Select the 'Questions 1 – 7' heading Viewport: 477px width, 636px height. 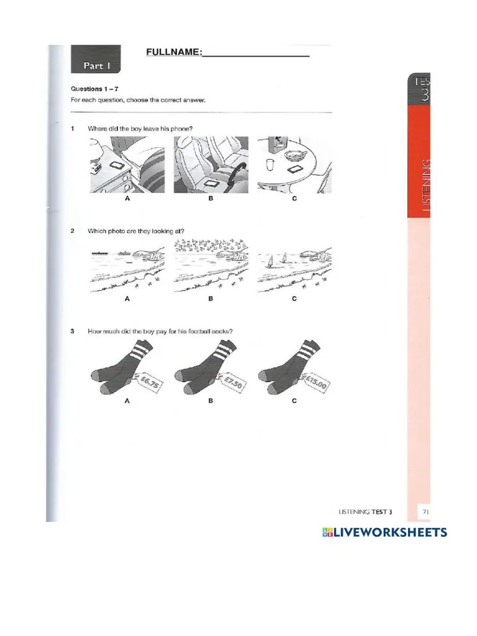95,89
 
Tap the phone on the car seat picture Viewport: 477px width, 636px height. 211,184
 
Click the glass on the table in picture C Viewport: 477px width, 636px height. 269,165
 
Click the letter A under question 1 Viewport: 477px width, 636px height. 127,199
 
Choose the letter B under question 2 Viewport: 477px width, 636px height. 211,299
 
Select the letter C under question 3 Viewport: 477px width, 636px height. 294,401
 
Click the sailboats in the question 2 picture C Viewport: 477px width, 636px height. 278,259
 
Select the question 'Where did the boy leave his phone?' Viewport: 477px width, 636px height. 140,129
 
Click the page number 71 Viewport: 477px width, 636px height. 426,511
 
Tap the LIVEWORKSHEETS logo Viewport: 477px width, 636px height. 384,532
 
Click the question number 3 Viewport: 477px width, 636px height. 73,331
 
